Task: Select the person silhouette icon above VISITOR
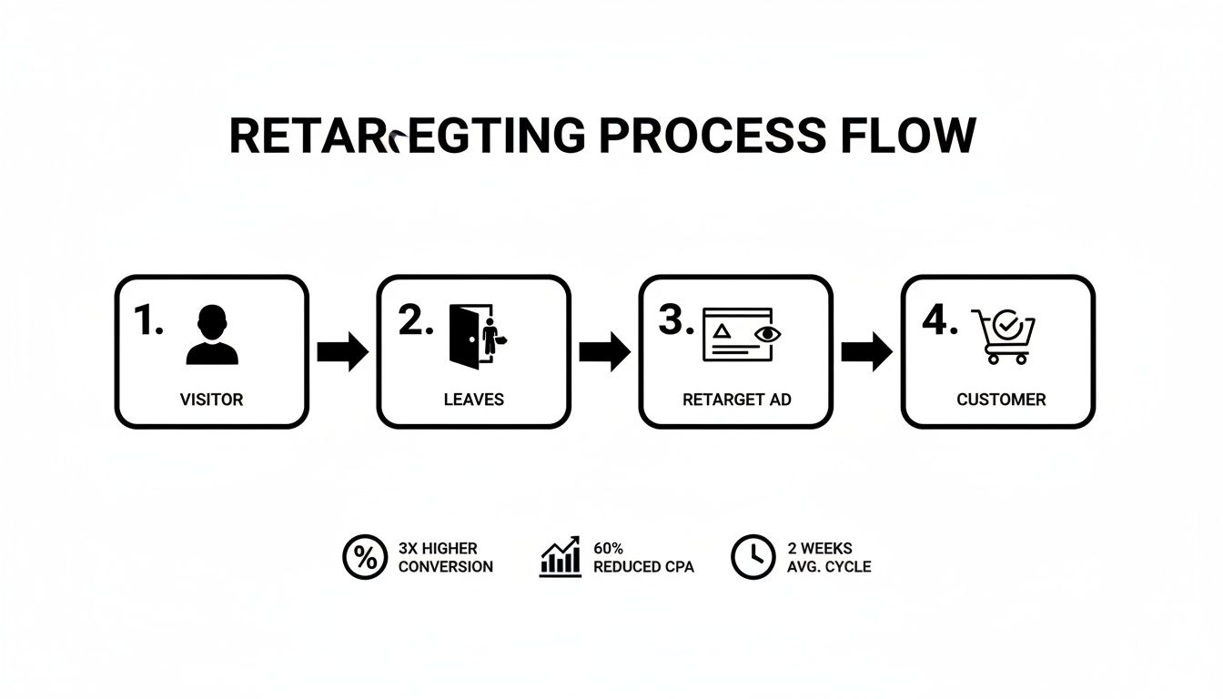(x=212, y=335)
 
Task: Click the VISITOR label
(x=212, y=400)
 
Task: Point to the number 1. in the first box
(x=147, y=320)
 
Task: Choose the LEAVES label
(x=473, y=400)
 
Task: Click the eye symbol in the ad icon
(x=769, y=334)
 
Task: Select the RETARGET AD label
(x=736, y=400)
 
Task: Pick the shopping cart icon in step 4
(x=1003, y=336)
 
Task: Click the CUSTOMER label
(x=1001, y=400)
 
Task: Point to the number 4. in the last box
(x=939, y=320)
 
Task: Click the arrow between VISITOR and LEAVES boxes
(x=342, y=352)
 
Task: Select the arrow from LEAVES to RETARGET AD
(x=604, y=352)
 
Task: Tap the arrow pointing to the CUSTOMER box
(x=866, y=352)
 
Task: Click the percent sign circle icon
(x=364, y=558)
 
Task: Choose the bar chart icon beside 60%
(x=561, y=557)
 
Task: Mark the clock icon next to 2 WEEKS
(x=753, y=558)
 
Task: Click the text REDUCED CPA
(x=643, y=567)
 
